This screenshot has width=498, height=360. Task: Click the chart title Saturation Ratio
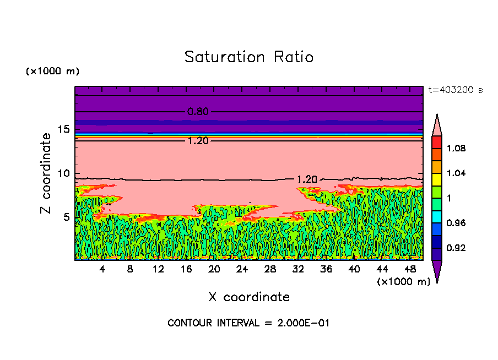(x=249, y=57)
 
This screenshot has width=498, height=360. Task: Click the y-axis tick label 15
(x=64, y=129)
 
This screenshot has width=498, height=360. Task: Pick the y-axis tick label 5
(x=66, y=217)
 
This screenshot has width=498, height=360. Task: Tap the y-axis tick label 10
(x=64, y=173)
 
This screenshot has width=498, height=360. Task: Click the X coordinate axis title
(x=249, y=297)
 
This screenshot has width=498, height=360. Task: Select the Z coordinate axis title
(x=46, y=173)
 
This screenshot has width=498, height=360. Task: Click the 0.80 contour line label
(x=198, y=112)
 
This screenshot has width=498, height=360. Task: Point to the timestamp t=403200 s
(x=455, y=90)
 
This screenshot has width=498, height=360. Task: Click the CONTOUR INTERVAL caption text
(x=248, y=323)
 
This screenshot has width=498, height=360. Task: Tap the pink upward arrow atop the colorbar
(x=437, y=124)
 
